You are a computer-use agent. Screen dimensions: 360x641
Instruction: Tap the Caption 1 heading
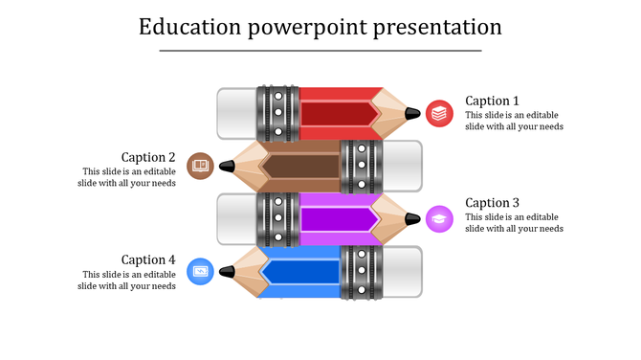[492, 101]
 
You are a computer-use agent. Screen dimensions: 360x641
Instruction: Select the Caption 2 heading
[148, 157]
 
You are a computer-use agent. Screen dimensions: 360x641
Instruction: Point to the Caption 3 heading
[492, 203]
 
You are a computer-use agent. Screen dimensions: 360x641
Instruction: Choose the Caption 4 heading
[148, 259]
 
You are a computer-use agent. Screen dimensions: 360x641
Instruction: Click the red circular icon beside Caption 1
[439, 113]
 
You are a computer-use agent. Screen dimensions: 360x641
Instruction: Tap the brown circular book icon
[200, 166]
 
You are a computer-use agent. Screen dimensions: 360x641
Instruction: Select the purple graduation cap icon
[439, 218]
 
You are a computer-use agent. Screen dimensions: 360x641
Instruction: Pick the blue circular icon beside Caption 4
[200, 271]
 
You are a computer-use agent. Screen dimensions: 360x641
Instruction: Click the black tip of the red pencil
[412, 114]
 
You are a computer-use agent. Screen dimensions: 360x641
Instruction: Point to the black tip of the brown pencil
[227, 166]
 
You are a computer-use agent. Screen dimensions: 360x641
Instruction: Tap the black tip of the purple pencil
[412, 218]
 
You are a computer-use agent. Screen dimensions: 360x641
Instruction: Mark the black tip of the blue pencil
[227, 272]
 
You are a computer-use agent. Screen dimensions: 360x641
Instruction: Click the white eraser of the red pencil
[236, 114]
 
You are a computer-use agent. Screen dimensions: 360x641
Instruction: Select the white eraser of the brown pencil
[401, 166]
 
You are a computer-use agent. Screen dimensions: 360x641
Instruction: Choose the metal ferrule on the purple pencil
[278, 218]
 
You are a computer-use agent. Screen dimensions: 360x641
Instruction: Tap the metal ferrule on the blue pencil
[361, 272]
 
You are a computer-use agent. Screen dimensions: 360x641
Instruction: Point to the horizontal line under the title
[320, 50]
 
